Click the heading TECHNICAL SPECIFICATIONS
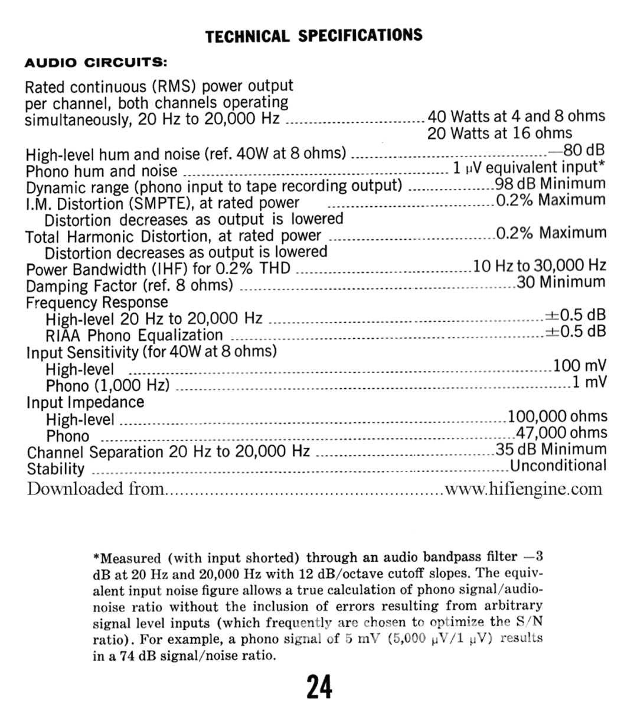(313, 35)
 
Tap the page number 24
(319, 687)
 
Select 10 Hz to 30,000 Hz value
(540, 266)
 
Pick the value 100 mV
(580, 366)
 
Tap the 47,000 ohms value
(561, 433)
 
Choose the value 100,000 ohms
(558, 417)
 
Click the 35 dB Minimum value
(551, 450)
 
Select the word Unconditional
(558, 466)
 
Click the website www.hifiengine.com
(524, 489)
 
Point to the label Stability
(56, 470)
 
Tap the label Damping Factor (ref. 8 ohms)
(130, 286)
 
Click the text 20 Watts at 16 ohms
(500, 133)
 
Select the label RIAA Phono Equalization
(135, 336)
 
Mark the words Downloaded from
(95, 489)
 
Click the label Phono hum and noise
(102, 171)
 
